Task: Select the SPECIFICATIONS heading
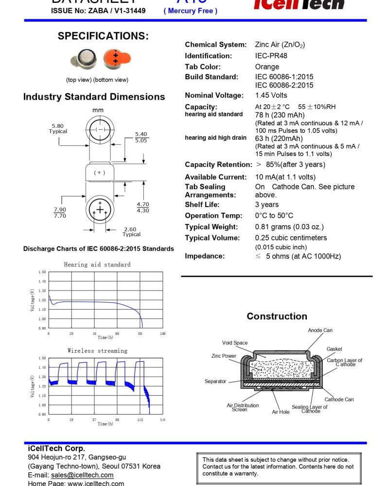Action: (103, 36)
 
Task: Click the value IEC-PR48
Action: (271, 56)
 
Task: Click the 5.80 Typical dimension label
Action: (58, 128)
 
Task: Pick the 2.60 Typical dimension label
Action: (131, 231)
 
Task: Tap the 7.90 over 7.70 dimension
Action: (60, 212)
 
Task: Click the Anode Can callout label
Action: (320, 330)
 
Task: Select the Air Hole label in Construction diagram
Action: (281, 412)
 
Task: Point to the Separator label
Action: (215, 382)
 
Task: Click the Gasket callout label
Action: (334, 349)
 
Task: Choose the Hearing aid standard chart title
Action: (97, 265)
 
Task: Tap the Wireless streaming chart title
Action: (97, 351)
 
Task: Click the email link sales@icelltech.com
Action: (82, 475)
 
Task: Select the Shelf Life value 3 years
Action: (267, 205)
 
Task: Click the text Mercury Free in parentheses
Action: (191, 11)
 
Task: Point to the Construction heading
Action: (277, 316)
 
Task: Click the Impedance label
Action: (204, 256)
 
